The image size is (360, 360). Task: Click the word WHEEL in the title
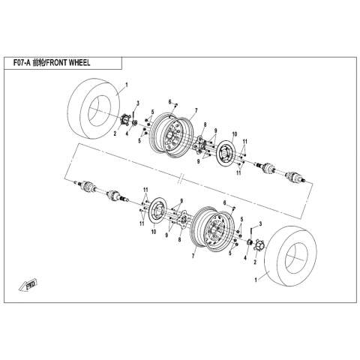click(x=79, y=63)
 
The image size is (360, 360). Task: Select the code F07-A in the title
click(x=22, y=63)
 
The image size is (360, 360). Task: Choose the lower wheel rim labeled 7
click(x=212, y=229)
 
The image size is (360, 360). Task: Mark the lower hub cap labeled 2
click(x=257, y=247)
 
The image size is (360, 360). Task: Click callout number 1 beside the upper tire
click(x=126, y=85)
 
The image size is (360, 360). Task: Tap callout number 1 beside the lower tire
click(x=256, y=280)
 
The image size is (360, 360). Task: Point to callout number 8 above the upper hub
click(x=205, y=124)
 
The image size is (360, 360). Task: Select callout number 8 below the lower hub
click(x=179, y=240)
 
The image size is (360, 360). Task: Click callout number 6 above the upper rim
click(x=169, y=102)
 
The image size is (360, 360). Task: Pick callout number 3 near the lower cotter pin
click(x=260, y=223)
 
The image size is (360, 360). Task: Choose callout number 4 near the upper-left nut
click(x=127, y=134)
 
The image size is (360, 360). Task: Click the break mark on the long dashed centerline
click(x=181, y=178)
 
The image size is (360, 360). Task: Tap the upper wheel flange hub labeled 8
click(x=200, y=144)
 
